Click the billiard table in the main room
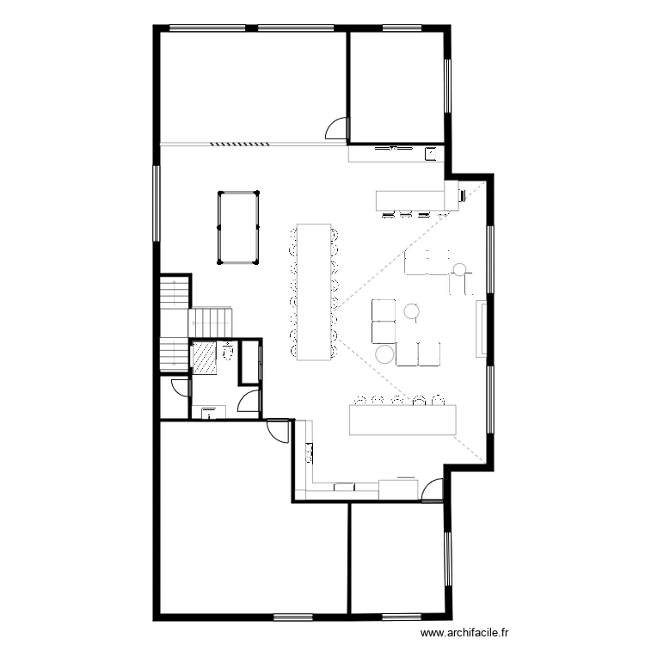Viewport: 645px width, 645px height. coord(238,226)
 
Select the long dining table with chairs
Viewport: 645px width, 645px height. coord(315,292)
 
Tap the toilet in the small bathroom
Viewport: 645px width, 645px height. coord(228,353)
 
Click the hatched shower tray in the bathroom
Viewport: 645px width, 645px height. coord(203,358)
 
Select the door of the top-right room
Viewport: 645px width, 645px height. coord(336,129)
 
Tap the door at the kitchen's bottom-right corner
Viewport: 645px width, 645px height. coord(433,490)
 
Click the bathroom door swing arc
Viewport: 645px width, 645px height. coord(249,401)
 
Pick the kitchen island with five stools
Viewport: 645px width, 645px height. coord(401,421)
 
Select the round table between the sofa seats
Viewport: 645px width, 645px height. coord(412,310)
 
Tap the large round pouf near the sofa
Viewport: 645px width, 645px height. coord(384,353)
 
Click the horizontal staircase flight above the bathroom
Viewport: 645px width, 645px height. coord(211,322)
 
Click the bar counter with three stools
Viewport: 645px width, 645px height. coord(411,200)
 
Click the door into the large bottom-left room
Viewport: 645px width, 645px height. coord(279,428)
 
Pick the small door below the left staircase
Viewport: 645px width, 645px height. coord(180,388)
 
